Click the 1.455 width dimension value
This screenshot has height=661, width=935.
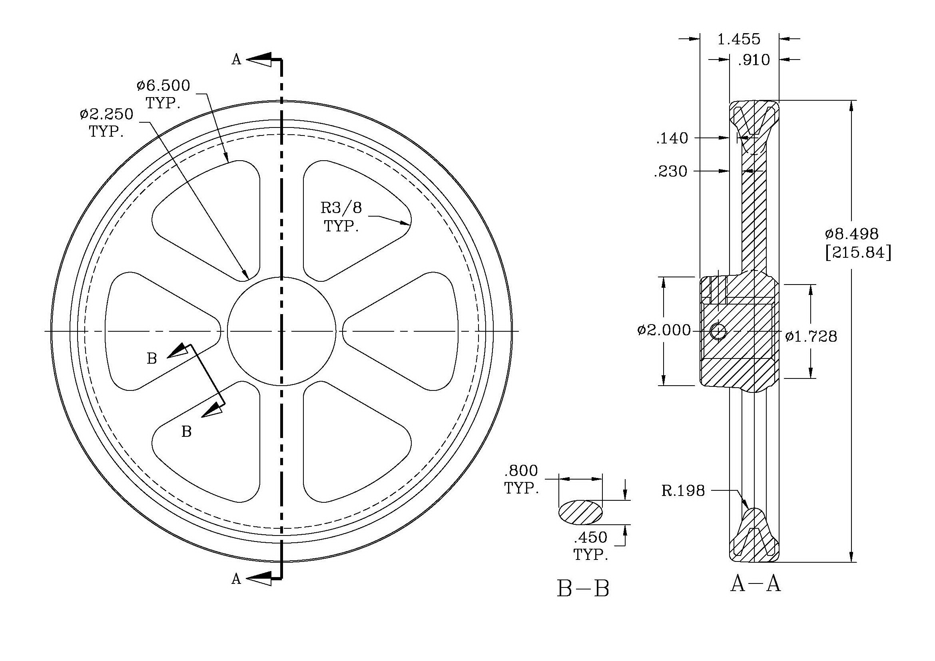(x=738, y=40)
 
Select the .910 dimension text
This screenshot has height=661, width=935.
(x=754, y=60)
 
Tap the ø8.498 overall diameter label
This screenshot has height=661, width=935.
(x=851, y=234)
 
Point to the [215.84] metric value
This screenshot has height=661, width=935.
(x=857, y=253)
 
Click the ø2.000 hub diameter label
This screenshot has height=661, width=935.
(x=664, y=330)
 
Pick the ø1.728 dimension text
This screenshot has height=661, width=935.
(x=811, y=336)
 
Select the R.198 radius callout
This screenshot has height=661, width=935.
(x=683, y=491)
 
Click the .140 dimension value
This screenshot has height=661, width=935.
(x=672, y=138)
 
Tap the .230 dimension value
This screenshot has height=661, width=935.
(x=670, y=171)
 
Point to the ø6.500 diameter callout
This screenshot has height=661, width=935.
(x=164, y=86)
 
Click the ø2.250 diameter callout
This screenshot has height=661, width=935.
(x=107, y=114)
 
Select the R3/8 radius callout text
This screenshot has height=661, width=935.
(x=341, y=208)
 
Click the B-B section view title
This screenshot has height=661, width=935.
(x=583, y=589)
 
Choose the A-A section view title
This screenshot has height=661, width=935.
(x=756, y=584)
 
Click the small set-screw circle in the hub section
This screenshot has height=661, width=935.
(x=718, y=331)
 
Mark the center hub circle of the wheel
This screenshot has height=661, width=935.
(x=281, y=331)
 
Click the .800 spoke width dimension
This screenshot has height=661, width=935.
(x=521, y=471)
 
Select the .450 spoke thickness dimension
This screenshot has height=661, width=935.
(x=590, y=538)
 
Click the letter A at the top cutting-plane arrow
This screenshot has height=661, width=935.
(x=236, y=60)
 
